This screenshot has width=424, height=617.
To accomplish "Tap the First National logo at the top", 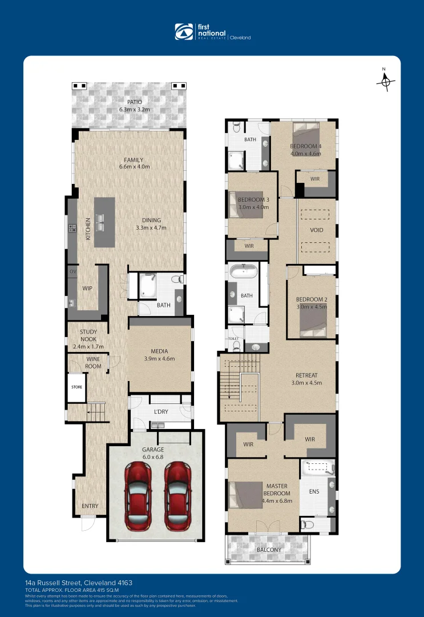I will [x=212, y=32].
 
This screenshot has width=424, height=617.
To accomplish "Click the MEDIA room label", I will [x=159, y=351].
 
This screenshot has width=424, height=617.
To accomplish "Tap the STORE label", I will [x=76, y=386].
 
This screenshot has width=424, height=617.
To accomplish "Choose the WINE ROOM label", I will [x=94, y=362].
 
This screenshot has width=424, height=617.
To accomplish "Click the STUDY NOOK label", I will [x=88, y=335].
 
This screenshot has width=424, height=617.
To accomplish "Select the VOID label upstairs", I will [x=316, y=230].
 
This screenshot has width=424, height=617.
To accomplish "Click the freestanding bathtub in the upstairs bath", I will [x=244, y=271].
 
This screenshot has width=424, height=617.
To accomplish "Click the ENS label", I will [x=314, y=491].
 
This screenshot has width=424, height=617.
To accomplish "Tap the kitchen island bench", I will [x=104, y=222].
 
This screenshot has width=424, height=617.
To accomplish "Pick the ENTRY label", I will [x=90, y=506].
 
